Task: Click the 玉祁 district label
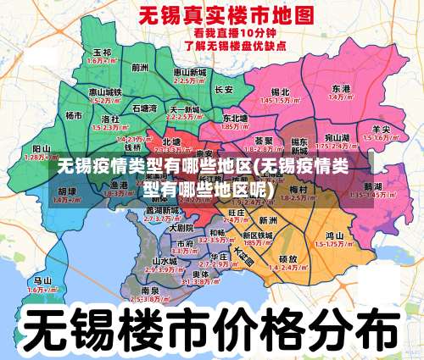coord(102,53)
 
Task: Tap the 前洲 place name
coord(140,65)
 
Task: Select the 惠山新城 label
coord(190,73)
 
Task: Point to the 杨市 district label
coord(75,115)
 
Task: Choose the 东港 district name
coord(341,88)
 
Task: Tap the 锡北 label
coord(280,91)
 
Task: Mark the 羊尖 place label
coord(381,129)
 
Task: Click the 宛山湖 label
coord(338,136)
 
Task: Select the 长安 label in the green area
coord(224,89)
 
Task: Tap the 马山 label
coord(42,280)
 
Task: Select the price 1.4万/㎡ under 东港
coord(341,97)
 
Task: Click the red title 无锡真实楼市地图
coord(214,15)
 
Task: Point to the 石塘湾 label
coord(144,108)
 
